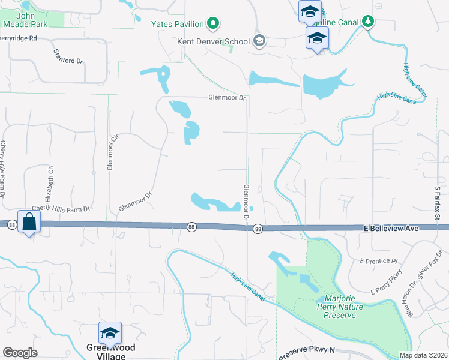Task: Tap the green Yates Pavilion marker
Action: point(213,25)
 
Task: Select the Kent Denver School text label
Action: point(213,42)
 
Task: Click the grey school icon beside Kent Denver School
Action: point(259,41)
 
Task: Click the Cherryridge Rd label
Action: point(19,38)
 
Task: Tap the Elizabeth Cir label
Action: point(51,181)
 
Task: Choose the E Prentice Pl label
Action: point(379,261)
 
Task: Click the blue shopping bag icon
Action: point(29,221)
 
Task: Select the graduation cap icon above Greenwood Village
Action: point(110,332)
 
